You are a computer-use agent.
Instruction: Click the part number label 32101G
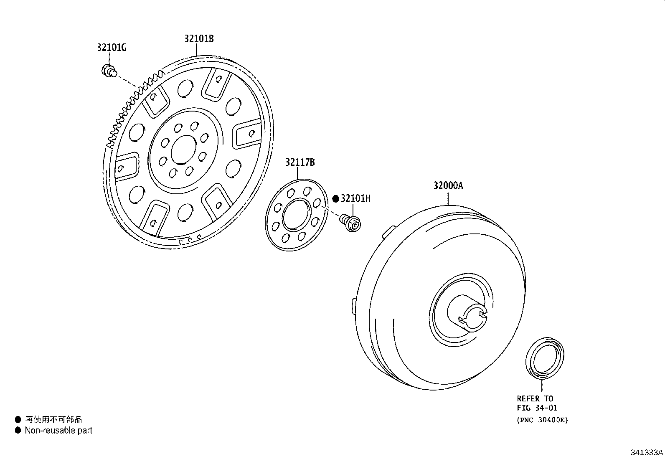(x=112, y=47)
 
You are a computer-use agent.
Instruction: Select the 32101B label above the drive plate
(x=199, y=38)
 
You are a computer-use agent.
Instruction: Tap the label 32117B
(x=300, y=162)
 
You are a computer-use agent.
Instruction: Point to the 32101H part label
(x=355, y=198)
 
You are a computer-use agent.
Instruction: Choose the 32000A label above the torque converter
(x=448, y=185)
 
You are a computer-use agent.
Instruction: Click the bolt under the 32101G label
(x=109, y=71)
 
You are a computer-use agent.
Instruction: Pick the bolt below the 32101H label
(x=350, y=223)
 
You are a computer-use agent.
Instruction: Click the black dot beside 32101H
(x=335, y=199)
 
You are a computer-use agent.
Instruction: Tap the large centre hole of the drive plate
(x=184, y=150)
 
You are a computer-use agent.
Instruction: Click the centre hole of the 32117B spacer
(x=296, y=214)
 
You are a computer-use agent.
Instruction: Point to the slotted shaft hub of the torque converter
(x=468, y=313)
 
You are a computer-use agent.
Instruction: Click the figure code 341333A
(x=647, y=452)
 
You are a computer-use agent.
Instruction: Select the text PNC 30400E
(x=542, y=420)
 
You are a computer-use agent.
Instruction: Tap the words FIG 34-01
(x=537, y=408)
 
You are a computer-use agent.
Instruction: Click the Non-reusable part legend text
(x=58, y=430)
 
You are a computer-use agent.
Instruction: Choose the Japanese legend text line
(x=53, y=419)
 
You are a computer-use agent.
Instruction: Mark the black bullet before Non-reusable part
(x=18, y=430)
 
